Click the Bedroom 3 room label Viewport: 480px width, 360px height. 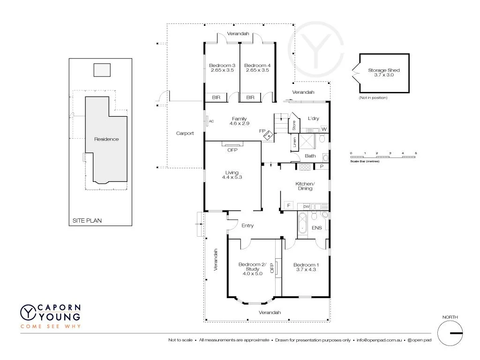click(222, 65)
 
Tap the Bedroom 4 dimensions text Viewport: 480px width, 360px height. click(257, 70)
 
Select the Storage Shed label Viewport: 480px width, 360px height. click(383, 70)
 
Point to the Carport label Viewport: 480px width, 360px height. click(185, 133)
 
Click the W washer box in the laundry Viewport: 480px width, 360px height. click(324, 129)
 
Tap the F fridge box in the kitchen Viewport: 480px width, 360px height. click(289, 206)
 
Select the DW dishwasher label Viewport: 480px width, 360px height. click(306, 206)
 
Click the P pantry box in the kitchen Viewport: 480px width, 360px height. click(322, 166)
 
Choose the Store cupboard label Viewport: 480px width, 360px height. click(294, 125)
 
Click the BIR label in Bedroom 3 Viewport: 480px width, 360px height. click(216, 97)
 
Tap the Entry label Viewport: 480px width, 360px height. click(247, 225)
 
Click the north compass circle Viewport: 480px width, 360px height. click(450, 333)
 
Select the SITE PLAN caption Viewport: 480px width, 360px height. click(87, 220)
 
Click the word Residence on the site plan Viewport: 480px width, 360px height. click(106, 139)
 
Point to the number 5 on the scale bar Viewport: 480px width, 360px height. click(416, 153)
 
